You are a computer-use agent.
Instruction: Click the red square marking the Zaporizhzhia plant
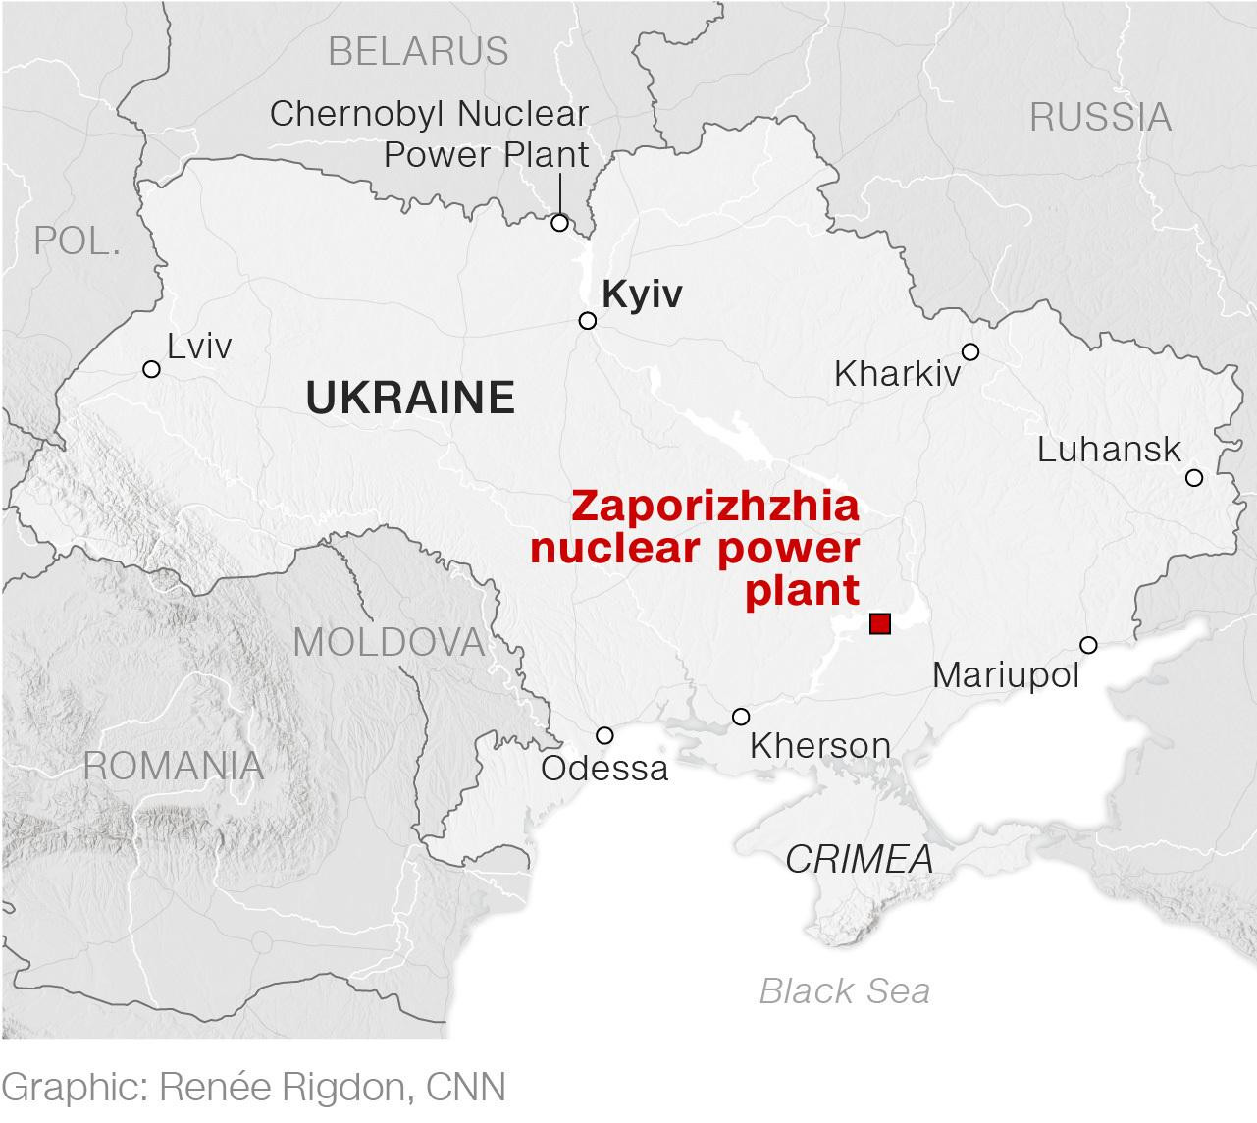click(880, 623)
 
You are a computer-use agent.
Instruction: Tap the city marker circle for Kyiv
click(588, 321)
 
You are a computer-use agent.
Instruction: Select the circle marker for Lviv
click(151, 369)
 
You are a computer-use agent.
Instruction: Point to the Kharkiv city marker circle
click(970, 351)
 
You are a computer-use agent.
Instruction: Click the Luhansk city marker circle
click(1194, 478)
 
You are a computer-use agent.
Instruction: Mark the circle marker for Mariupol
click(1088, 645)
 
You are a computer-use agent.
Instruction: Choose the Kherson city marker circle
click(741, 717)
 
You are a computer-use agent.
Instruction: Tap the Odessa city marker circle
click(604, 735)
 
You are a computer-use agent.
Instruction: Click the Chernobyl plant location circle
click(559, 223)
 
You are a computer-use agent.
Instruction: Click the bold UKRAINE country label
click(410, 397)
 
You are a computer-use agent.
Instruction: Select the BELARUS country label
click(418, 51)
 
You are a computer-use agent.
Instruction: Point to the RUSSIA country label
click(1100, 118)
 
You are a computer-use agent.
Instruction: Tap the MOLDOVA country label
click(389, 642)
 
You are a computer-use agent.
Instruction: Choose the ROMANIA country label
click(174, 766)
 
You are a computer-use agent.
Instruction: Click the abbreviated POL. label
click(78, 241)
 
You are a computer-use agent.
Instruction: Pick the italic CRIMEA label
click(859, 860)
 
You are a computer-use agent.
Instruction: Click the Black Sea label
click(844, 991)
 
